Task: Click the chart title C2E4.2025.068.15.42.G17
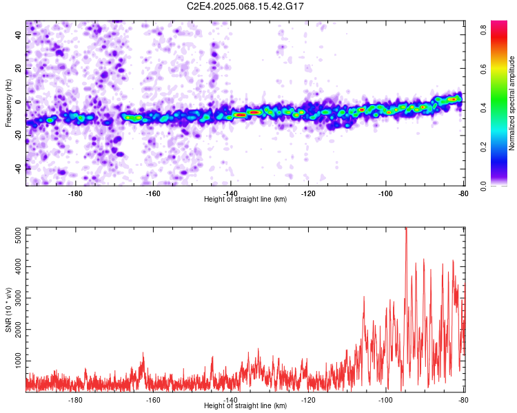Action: tap(245, 6)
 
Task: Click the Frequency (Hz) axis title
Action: tap(8, 103)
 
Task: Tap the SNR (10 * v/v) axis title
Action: tap(8, 310)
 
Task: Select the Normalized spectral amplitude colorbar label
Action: tap(511, 103)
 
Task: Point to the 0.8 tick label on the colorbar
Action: tap(484, 30)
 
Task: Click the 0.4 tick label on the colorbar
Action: tap(484, 107)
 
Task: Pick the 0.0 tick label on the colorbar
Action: tap(484, 186)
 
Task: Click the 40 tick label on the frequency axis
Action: tap(18, 35)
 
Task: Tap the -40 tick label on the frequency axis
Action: tap(18, 168)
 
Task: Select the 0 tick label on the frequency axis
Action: tap(18, 102)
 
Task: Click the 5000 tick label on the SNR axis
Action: tap(18, 235)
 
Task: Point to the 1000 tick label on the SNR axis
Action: tap(18, 361)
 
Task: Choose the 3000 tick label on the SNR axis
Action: tap(18, 298)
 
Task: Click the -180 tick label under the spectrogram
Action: tap(75, 193)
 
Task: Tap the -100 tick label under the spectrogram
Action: tap(385, 193)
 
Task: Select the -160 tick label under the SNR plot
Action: tap(152, 400)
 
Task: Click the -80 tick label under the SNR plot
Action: tap(463, 400)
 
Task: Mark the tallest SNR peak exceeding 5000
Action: tap(406, 229)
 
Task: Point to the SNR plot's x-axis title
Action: tap(245, 405)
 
